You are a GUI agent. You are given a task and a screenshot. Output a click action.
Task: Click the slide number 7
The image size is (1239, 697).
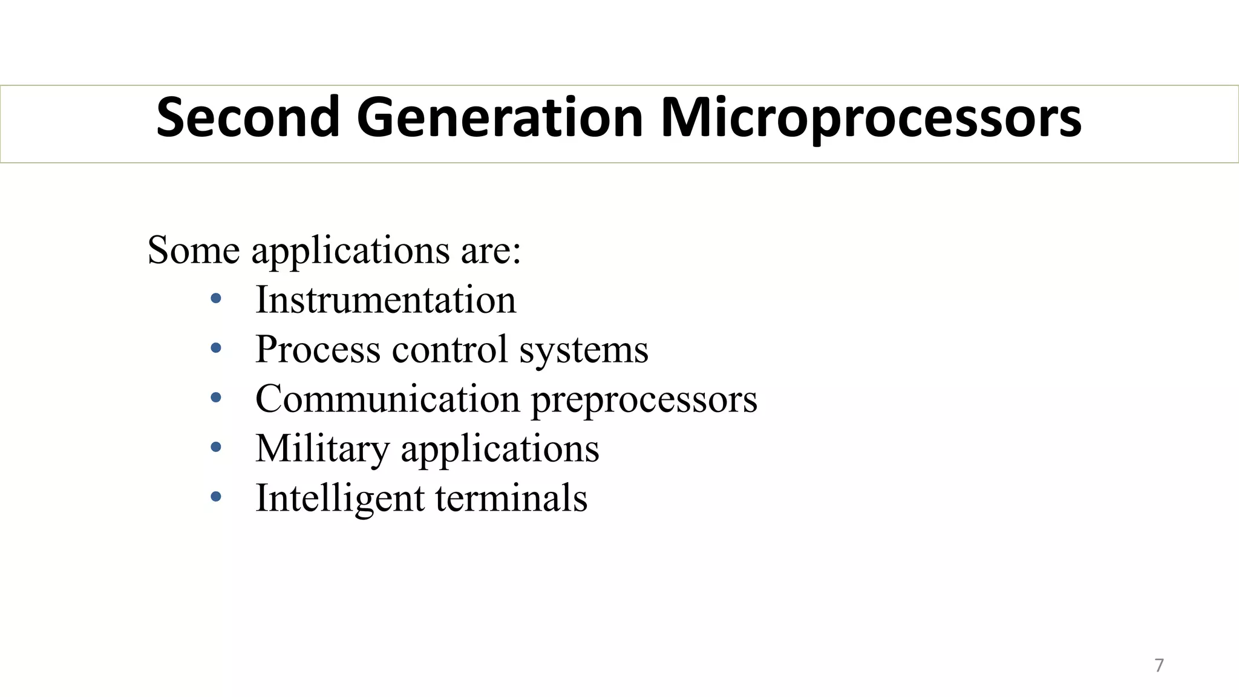coord(1159,666)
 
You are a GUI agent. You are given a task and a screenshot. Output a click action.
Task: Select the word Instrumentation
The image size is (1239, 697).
coord(386,299)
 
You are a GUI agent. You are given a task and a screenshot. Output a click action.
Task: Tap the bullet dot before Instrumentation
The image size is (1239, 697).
coord(216,298)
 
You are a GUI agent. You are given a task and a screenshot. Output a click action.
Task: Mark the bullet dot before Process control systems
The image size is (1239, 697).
coord(216,348)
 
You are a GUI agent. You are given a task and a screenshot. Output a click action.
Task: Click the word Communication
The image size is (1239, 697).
coord(387,399)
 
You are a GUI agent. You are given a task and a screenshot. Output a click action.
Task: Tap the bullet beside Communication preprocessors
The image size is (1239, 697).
coord(216,398)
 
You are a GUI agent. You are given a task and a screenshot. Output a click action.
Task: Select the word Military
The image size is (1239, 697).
coord(322,450)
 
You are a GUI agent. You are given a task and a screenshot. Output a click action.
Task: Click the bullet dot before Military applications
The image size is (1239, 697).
coord(216,447)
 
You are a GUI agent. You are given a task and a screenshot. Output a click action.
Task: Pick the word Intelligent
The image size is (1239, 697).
coord(340,499)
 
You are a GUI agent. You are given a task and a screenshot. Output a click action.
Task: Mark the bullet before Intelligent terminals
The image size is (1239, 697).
coord(216,497)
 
